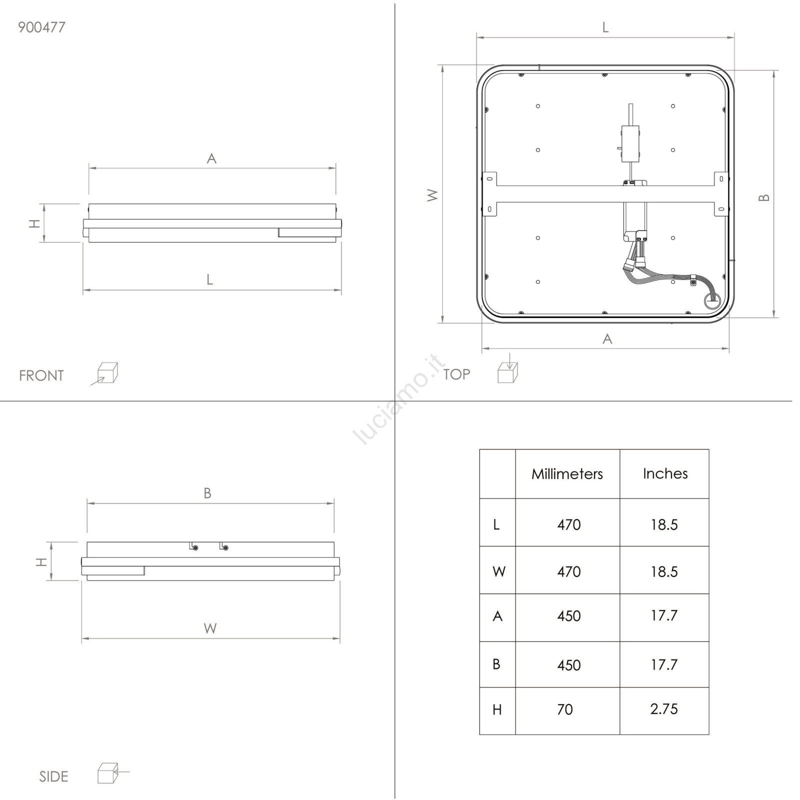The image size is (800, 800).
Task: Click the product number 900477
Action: point(41,27)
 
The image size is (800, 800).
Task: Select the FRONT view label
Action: point(41,375)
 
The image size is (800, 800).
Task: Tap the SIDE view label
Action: point(53,776)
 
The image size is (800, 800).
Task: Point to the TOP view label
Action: point(456,374)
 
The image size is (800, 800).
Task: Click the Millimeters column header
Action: point(567,473)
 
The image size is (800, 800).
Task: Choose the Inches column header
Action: point(665,473)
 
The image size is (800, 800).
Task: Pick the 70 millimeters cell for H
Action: point(565,709)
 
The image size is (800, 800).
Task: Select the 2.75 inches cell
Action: point(664,709)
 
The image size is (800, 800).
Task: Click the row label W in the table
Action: point(499,571)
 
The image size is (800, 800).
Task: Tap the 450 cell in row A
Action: point(569,616)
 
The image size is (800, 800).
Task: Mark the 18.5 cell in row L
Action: point(664,524)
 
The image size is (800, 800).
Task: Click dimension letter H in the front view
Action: point(34,223)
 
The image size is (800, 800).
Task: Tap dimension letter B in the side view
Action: point(207,493)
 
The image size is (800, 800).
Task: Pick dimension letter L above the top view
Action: point(605,27)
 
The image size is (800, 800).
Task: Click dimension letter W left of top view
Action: point(433,195)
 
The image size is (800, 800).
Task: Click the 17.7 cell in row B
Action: point(664,665)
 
